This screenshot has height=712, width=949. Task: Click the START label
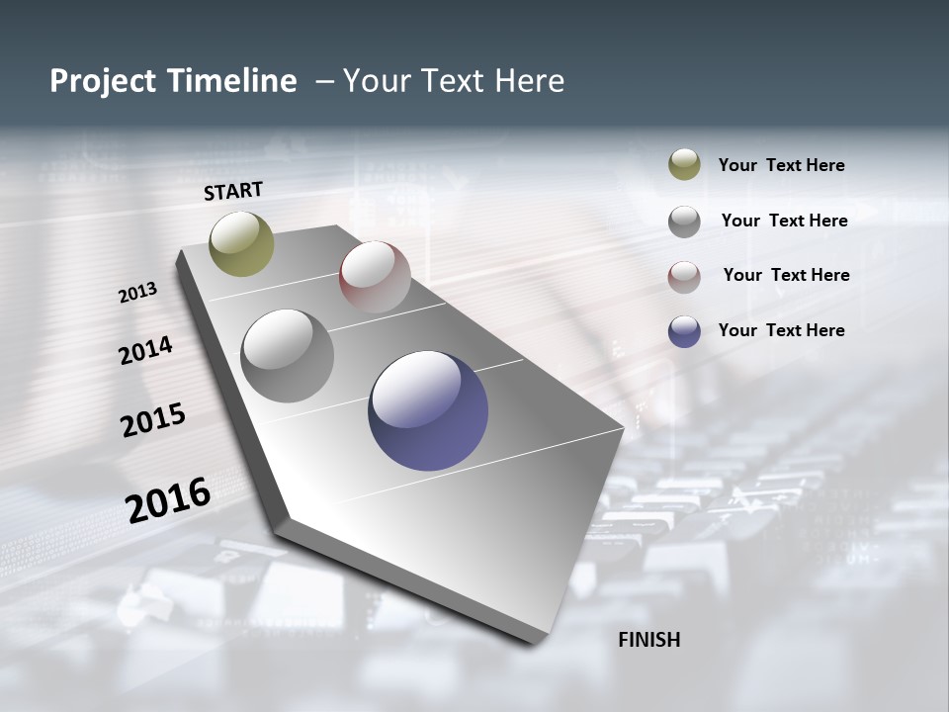pos(233,191)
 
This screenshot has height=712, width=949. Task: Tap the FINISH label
pos(649,640)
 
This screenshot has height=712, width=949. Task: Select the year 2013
pos(137,293)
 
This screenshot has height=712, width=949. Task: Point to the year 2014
pos(145,350)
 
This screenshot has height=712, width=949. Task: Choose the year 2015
pos(153,420)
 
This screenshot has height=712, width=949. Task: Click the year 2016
pos(168,499)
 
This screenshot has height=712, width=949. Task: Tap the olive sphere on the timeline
pos(242,243)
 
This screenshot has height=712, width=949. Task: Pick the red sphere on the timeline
pos(375,276)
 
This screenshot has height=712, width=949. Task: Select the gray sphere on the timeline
pos(288,355)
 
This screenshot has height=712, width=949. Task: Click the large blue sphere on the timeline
pos(428,410)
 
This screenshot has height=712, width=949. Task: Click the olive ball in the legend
pos(684,165)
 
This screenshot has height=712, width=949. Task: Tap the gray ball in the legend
pos(684,222)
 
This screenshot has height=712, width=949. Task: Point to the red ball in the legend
pos(684,277)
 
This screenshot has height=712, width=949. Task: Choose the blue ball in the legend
pos(684,331)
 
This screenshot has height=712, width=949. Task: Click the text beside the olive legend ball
pos(781,165)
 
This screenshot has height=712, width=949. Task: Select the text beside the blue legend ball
pos(781,330)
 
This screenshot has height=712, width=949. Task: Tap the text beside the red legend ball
pos(786,275)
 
